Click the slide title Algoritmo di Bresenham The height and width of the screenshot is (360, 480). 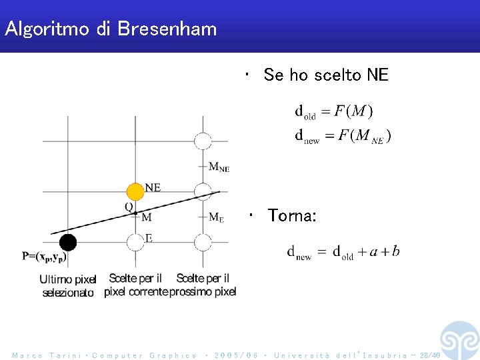[x=111, y=29]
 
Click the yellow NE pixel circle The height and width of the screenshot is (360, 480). [x=135, y=192]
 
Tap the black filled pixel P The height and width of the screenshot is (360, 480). [x=67, y=242]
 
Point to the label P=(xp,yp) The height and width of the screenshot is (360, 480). [x=44, y=256]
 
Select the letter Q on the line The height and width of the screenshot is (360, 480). [x=129, y=207]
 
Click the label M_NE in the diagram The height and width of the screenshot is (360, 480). [x=219, y=167]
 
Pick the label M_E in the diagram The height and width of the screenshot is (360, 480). [x=216, y=217]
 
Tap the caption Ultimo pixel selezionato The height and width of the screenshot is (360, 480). [x=68, y=286]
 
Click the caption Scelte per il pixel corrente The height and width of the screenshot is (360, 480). [x=135, y=285]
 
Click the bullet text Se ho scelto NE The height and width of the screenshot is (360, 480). [x=325, y=75]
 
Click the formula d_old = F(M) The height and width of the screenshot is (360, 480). [x=334, y=111]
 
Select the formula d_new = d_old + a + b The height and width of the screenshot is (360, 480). [x=343, y=252]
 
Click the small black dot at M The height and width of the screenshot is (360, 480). [x=135, y=213]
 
